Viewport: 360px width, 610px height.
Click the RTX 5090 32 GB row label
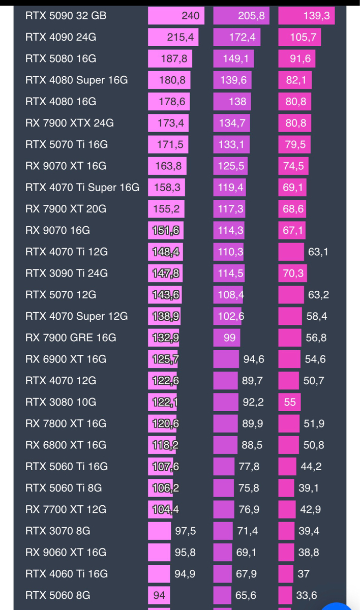[66, 16]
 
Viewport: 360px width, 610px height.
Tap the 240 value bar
[176, 16]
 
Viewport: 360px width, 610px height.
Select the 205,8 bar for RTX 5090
[241, 16]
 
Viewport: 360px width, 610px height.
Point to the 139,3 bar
[306, 16]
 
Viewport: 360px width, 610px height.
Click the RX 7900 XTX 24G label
[69, 123]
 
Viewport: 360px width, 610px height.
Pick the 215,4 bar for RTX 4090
[173, 37]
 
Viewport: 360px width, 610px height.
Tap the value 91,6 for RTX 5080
[300, 58]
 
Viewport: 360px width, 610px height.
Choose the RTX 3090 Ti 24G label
[67, 273]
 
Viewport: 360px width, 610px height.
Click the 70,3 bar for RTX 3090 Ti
[293, 273]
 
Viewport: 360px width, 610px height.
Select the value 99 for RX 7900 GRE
[229, 338]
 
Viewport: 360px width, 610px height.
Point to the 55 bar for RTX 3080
[290, 402]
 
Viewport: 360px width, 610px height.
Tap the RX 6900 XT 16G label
[66, 359]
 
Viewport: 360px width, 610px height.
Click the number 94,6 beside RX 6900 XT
[254, 359]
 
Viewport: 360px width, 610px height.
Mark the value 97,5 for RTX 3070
[185, 531]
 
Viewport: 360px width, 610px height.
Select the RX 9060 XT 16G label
[66, 552]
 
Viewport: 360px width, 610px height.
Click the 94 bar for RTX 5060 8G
[159, 595]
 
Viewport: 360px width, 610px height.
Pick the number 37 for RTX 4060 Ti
[304, 574]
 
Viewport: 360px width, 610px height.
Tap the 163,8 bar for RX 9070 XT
[167, 166]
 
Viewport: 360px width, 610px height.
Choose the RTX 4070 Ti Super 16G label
[82, 188]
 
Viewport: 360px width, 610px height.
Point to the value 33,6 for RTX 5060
[307, 595]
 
